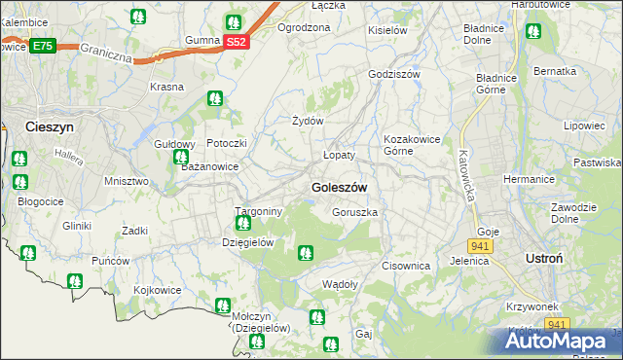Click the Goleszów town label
click(338, 187)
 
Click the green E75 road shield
click(42, 46)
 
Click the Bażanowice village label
click(210, 167)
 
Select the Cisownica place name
click(406, 265)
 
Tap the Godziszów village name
click(394, 74)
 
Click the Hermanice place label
click(528, 180)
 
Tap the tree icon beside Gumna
click(234, 22)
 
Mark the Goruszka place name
click(354, 211)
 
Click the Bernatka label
click(555, 71)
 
